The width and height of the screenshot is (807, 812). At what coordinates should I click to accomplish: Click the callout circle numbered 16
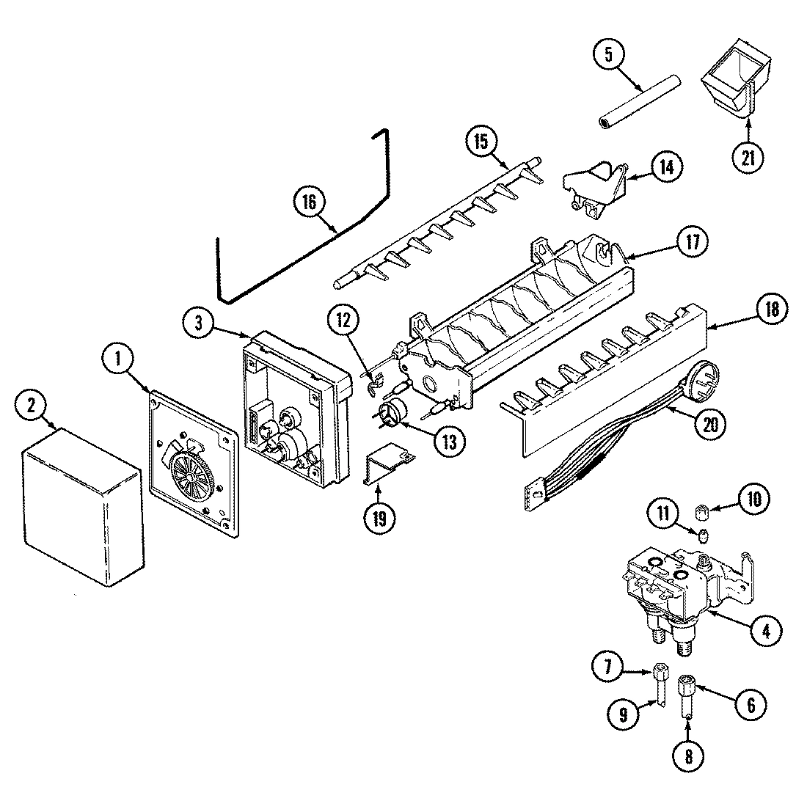point(308,201)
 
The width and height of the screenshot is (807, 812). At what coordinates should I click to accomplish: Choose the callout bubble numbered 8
point(687,753)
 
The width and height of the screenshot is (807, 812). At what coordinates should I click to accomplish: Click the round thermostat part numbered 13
point(395,412)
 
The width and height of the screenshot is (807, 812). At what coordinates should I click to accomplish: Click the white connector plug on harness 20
point(536,497)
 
